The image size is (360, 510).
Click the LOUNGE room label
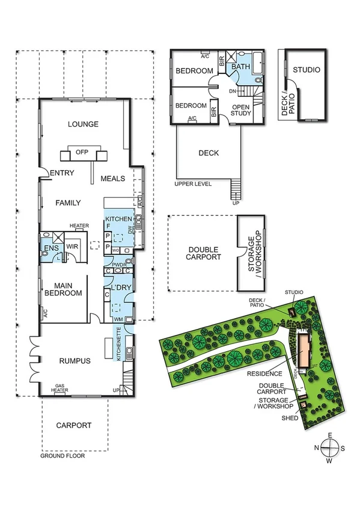(83, 124)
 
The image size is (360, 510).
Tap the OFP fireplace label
(83, 152)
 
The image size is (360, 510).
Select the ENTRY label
(62, 173)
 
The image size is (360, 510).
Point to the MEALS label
(112, 179)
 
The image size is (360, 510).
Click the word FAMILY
(68, 203)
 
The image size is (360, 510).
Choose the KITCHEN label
(118, 218)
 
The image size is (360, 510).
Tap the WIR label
(73, 247)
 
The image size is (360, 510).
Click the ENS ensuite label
(49, 247)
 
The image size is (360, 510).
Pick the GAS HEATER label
(60, 388)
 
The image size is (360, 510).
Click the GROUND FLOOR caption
(63, 456)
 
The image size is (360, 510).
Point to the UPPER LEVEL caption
(194, 183)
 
